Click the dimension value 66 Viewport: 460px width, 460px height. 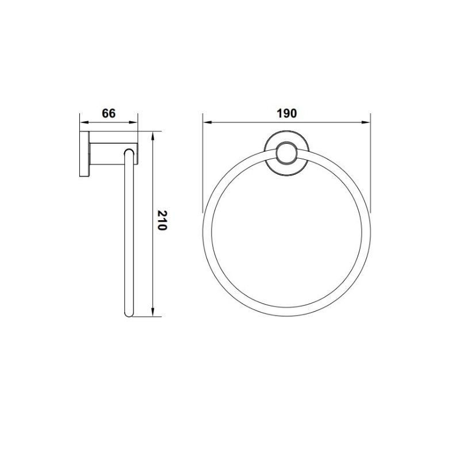[109, 113]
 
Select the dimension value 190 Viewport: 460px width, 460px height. [286, 113]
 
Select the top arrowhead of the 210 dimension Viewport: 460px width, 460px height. [152, 137]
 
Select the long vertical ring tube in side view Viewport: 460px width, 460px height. [129, 236]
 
